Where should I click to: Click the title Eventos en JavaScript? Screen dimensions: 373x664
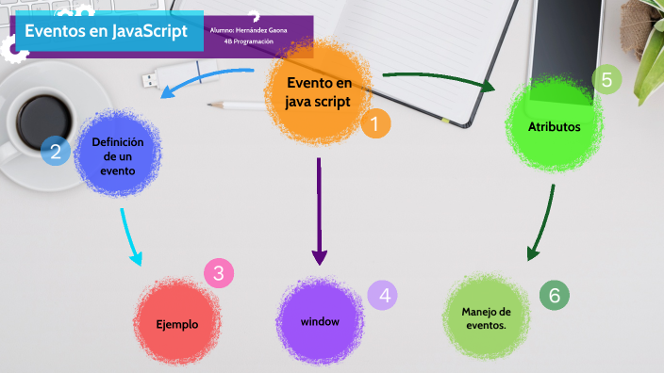click(x=106, y=31)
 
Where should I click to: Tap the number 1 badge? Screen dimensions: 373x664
click(x=374, y=123)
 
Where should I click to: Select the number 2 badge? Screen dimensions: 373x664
click(x=56, y=150)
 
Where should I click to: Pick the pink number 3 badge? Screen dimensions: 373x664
click(x=219, y=274)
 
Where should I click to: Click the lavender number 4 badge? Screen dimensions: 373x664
click(x=383, y=295)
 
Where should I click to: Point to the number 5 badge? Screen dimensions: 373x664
click(x=606, y=80)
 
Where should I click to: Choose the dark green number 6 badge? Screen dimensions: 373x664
click(x=555, y=296)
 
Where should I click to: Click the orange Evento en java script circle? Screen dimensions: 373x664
click(x=318, y=91)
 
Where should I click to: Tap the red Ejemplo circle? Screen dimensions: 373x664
click(x=177, y=323)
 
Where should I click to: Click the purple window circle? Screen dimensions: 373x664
click(x=320, y=321)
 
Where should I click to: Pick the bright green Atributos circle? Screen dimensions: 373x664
click(x=554, y=126)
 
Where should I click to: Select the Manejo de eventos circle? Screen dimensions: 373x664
click(x=486, y=318)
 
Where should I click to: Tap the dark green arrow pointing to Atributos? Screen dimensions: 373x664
click(x=439, y=80)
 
